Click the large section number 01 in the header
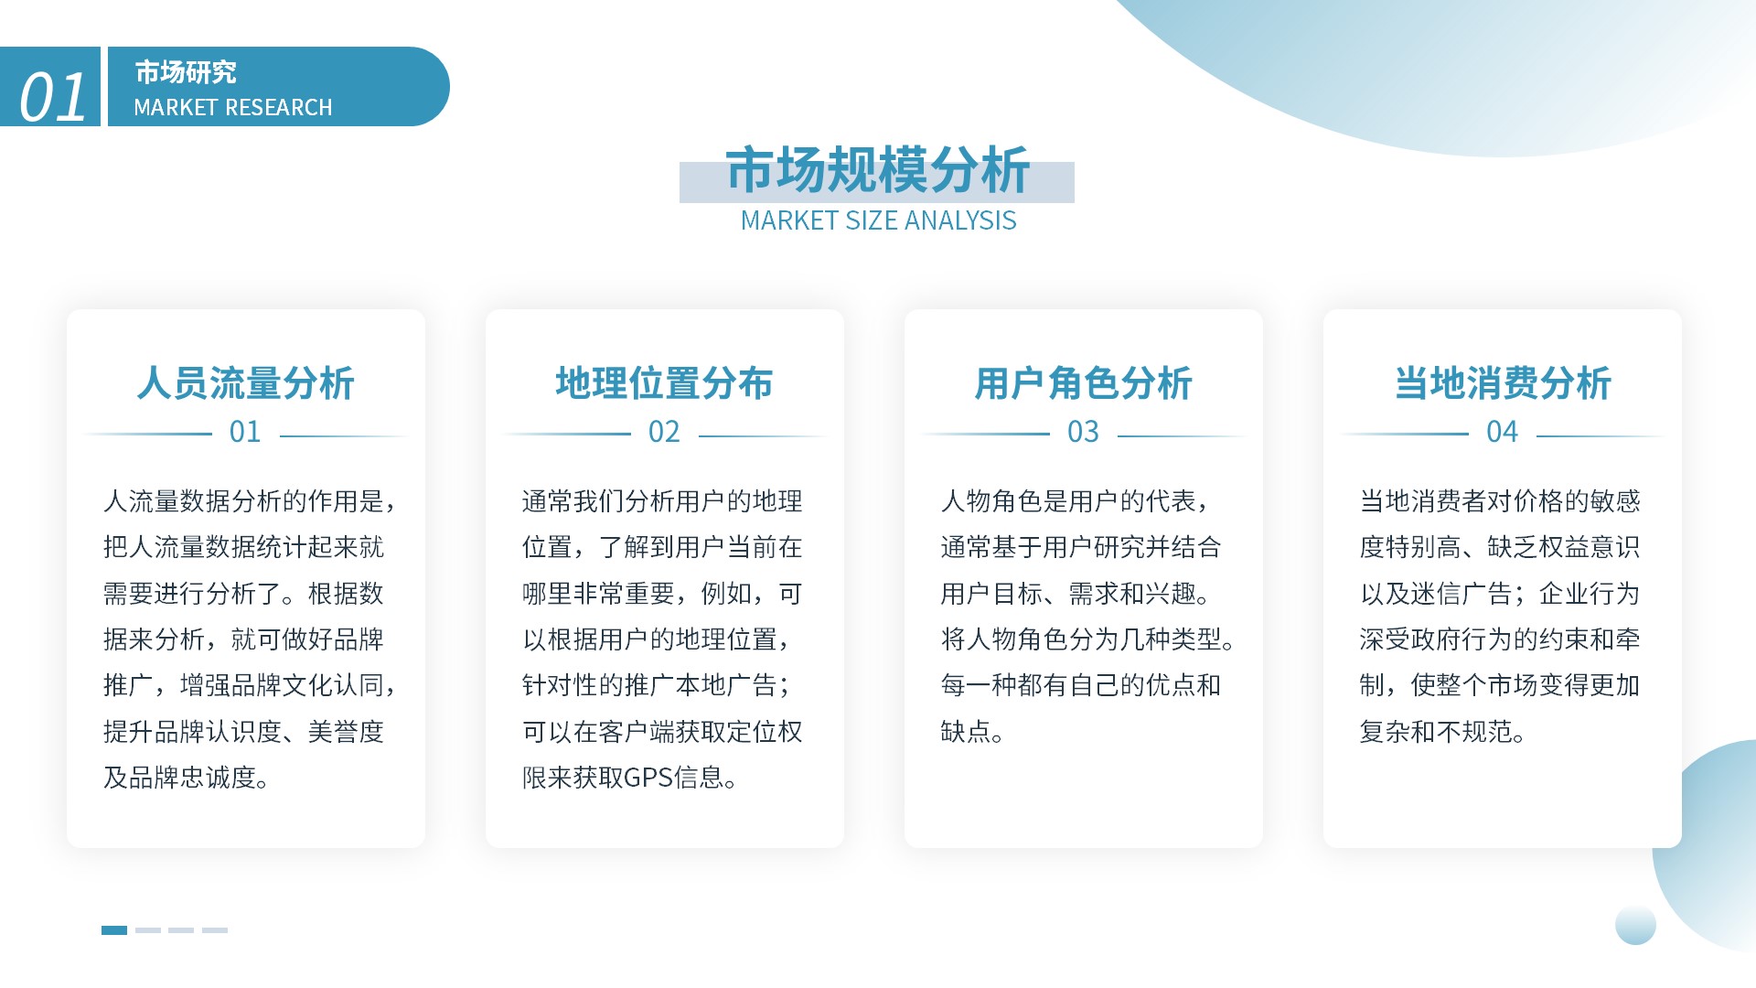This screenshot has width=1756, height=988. (x=53, y=97)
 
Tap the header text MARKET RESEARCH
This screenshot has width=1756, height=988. (x=233, y=108)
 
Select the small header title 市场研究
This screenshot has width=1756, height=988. (x=186, y=71)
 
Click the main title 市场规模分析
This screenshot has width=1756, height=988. (x=878, y=170)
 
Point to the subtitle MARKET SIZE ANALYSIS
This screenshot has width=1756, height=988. (x=878, y=220)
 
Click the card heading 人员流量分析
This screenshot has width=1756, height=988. (x=246, y=383)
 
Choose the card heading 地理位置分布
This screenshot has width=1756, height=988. (x=665, y=383)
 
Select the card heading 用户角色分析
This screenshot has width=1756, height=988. (x=1084, y=383)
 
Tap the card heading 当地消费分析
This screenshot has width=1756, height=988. (x=1503, y=383)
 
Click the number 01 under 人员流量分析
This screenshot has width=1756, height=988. (x=245, y=432)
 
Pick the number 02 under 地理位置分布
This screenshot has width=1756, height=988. (x=664, y=432)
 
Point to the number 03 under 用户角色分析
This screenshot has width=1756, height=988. (x=1083, y=432)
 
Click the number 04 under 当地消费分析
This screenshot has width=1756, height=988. (x=1502, y=432)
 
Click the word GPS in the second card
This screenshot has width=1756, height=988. (x=648, y=778)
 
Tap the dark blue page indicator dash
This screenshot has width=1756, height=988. (x=114, y=930)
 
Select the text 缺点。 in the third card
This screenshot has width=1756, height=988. (x=972, y=732)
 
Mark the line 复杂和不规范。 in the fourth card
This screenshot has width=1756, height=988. (x=1442, y=732)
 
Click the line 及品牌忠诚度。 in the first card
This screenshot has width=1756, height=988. (x=186, y=778)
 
